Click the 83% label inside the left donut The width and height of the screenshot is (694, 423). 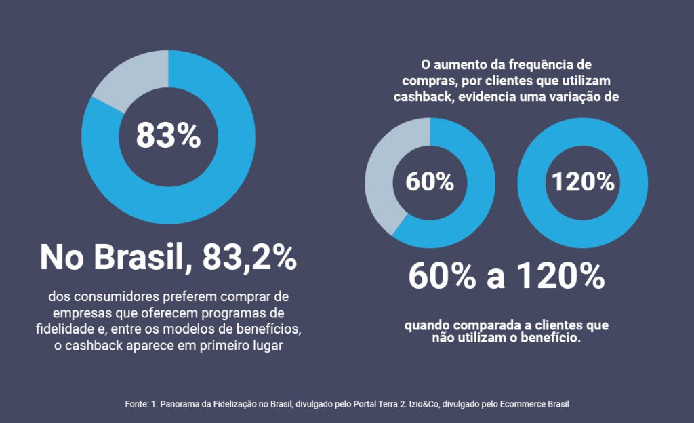click(168, 136)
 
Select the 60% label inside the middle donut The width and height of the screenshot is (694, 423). click(430, 182)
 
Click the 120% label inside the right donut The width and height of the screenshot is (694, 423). click(582, 182)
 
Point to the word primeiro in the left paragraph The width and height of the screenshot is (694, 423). click(229, 346)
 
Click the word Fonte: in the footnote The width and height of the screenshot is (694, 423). click(136, 404)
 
